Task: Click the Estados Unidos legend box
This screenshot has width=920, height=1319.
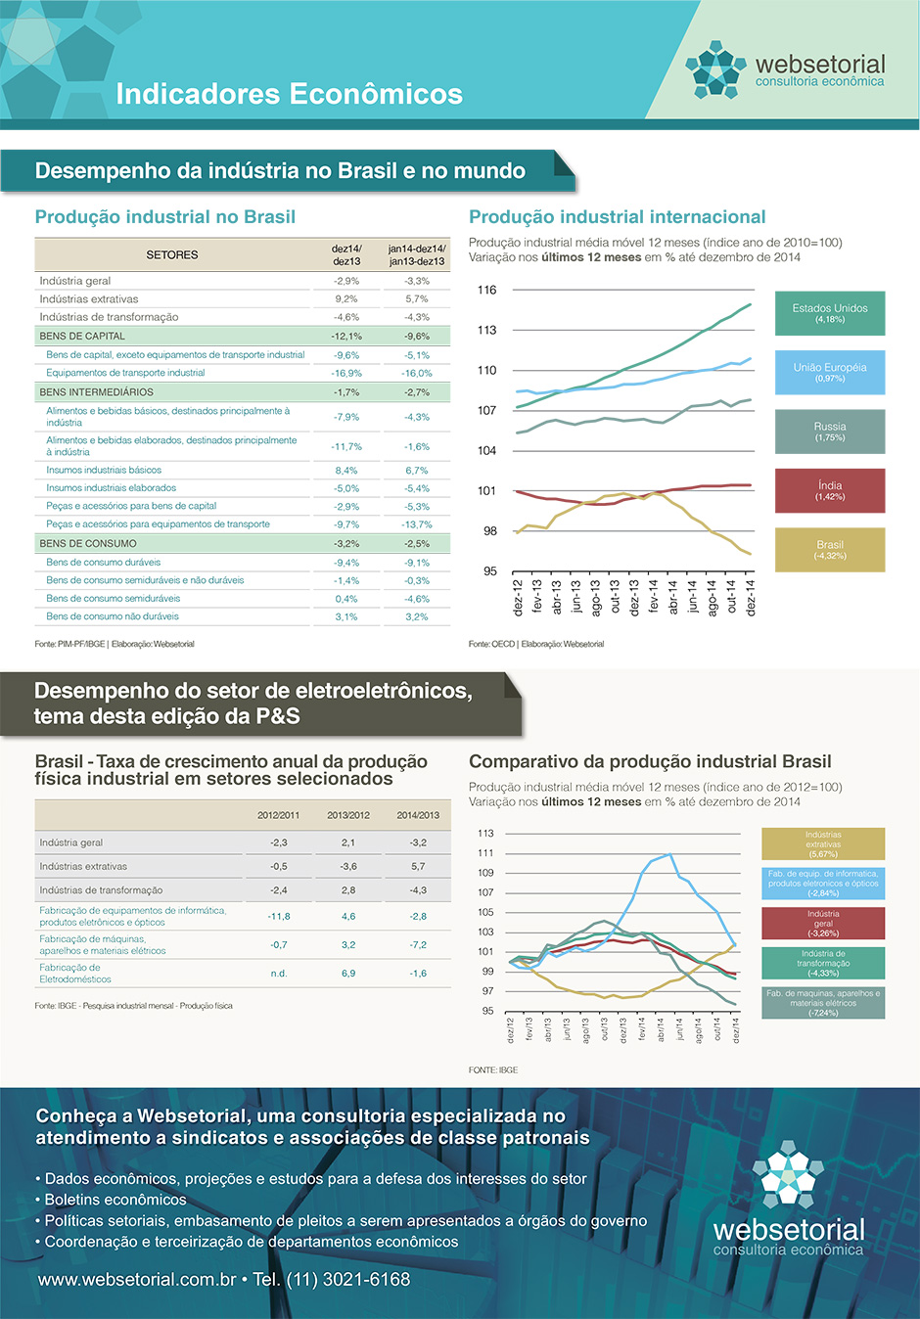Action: tap(830, 313)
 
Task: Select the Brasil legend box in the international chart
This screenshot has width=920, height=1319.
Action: tap(830, 549)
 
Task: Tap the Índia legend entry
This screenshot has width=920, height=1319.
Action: tap(830, 490)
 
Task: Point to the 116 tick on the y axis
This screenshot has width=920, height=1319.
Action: tap(487, 290)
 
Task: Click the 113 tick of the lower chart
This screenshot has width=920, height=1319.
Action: tap(485, 834)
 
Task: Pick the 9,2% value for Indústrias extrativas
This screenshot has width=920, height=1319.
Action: tap(346, 299)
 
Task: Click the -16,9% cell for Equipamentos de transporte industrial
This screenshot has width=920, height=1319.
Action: tap(346, 373)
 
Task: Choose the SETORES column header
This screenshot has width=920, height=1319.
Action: tap(172, 254)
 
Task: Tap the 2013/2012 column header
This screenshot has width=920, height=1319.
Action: tap(348, 815)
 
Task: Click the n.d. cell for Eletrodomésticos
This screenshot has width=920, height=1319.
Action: tap(279, 974)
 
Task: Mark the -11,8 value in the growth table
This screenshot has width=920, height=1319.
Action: tap(279, 917)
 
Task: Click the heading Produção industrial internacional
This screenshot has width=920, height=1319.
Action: tap(617, 217)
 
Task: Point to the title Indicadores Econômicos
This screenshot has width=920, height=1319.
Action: tap(290, 94)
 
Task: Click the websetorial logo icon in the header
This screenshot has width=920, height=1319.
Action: tap(715, 69)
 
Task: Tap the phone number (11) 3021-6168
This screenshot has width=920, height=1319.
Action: tap(347, 1280)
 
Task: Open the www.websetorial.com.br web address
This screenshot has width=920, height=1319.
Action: tap(137, 1280)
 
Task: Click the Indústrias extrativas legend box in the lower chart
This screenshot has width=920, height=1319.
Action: tap(823, 843)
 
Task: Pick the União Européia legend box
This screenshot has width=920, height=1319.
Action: tap(830, 372)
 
